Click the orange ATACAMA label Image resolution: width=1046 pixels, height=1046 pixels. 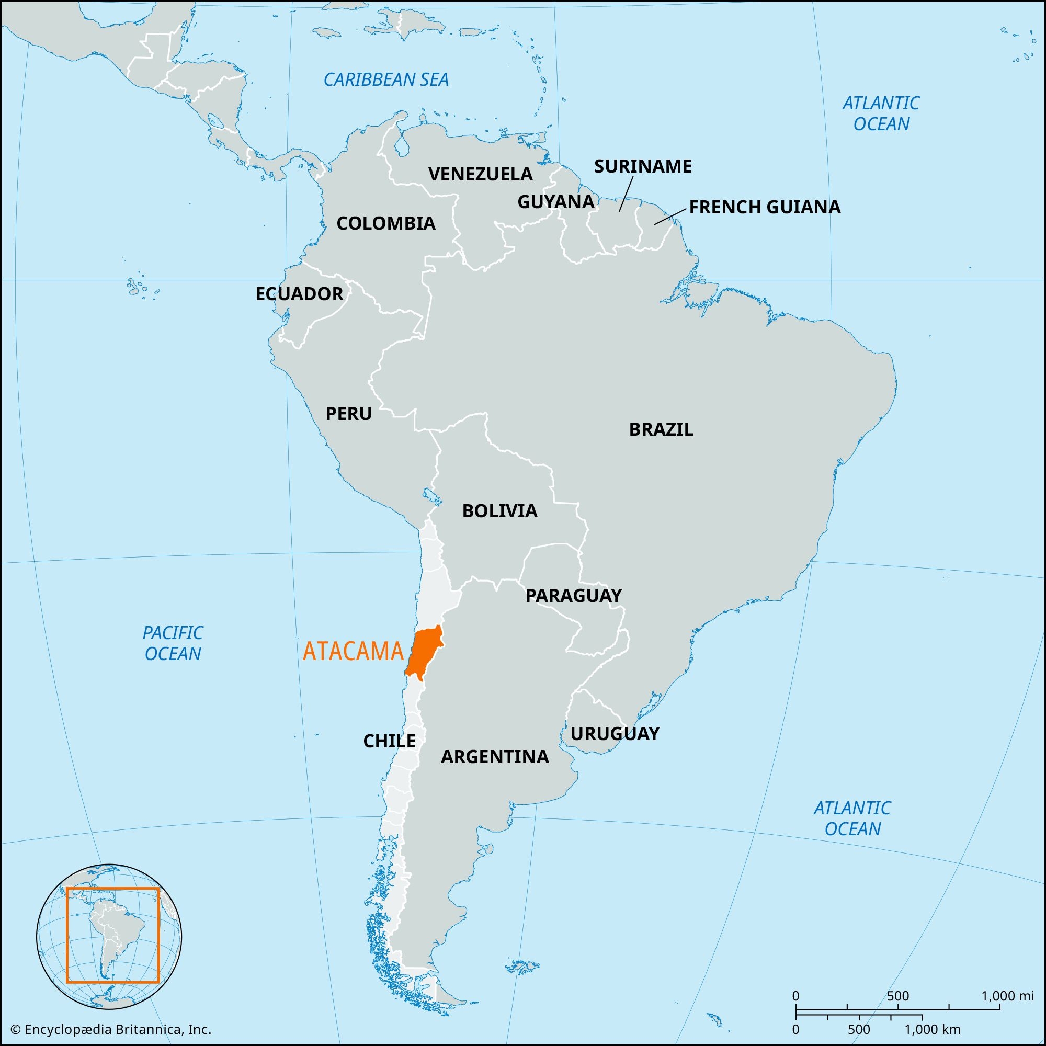coord(353,651)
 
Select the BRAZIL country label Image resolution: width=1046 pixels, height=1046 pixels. coord(661,429)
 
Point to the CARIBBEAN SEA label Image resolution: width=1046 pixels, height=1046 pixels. coord(386,80)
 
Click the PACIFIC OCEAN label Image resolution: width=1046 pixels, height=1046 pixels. coord(173,643)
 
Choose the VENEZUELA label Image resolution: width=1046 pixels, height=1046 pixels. coord(480,174)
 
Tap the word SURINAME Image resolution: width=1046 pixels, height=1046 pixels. coord(643,166)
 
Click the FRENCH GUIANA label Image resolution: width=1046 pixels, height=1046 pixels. coord(765,207)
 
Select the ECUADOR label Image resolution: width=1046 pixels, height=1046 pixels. coord(299,294)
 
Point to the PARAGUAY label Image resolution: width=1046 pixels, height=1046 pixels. coord(573,596)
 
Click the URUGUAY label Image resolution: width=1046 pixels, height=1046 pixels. coord(615,734)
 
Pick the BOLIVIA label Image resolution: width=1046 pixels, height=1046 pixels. coord(499,510)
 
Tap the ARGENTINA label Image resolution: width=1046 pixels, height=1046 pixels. coord(494,757)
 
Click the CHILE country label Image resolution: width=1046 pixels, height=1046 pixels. coord(389,741)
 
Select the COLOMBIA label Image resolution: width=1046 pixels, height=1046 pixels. coord(385,223)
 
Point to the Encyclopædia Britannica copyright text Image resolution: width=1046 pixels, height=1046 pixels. coord(111,1029)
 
